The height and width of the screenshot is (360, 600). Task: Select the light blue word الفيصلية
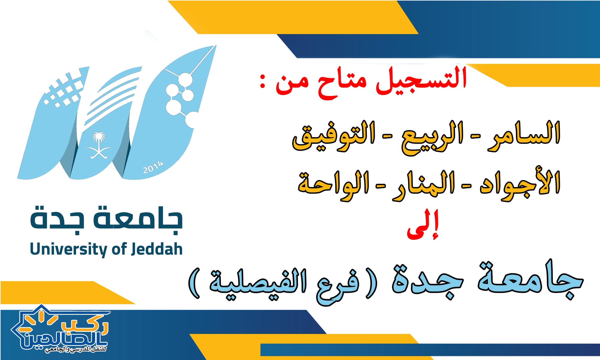[258, 282]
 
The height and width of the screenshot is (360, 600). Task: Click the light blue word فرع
[337, 285]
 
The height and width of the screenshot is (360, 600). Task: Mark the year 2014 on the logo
[153, 167]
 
